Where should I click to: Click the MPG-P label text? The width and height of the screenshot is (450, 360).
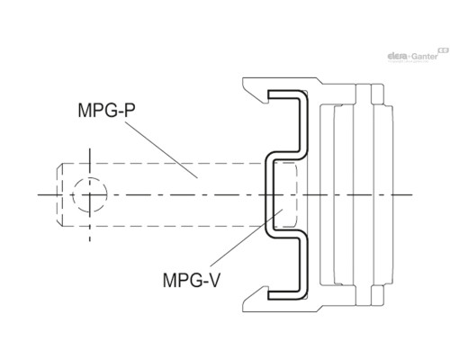(x=106, y=110)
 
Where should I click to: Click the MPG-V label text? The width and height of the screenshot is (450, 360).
(x=192, y=280)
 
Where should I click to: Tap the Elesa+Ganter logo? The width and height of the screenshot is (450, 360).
(x=418, y=56)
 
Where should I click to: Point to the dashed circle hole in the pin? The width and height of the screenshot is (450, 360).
(x=90, y=195)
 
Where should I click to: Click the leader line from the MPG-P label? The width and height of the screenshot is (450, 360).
(x=161, y=149)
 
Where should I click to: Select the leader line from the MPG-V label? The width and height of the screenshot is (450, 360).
(x=247, y=238)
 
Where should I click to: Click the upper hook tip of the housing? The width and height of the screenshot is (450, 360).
(x=265, y=102)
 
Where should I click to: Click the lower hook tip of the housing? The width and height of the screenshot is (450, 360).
(x=265, y=288)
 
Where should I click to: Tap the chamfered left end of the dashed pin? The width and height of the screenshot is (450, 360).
(x=59, y=195)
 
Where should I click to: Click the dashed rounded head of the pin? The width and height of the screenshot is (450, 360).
(x=292, y=195)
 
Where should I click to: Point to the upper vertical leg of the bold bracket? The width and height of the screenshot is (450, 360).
(x=303, y=124)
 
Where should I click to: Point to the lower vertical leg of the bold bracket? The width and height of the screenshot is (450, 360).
(x=303, y=265)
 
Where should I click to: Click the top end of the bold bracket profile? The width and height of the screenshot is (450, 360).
(x=268, y=94)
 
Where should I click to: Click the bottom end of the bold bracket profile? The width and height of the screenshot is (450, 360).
(x=268, y=295)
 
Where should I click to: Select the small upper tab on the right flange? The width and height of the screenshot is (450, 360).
(x=377, y=94)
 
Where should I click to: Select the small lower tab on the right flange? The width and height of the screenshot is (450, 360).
(x=377, y=295)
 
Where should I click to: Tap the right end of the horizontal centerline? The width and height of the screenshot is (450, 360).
(x=412, y=195)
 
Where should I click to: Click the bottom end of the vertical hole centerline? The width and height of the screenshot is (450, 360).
(x=90, y=240)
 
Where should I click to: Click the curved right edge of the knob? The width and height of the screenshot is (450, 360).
(x=392, y=195)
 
